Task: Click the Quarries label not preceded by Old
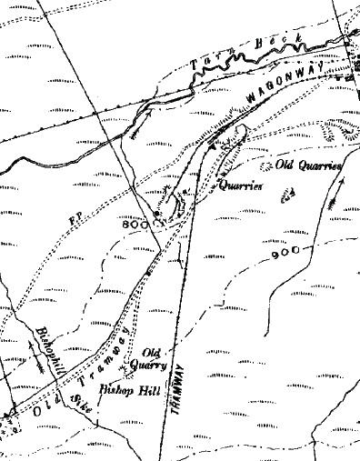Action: pyautogui.click(x=240, y=185)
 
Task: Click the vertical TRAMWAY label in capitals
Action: pyautogui.click(x=181, y=391)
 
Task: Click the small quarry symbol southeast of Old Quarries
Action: pyautogui.click(x=291, y=194)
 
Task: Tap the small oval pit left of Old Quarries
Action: pyautogui.click(x=266, y=166)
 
